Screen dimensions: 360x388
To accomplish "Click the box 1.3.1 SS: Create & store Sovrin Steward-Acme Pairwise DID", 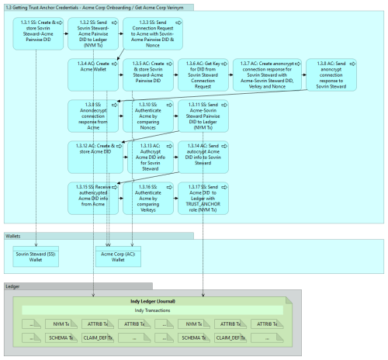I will [37, 32].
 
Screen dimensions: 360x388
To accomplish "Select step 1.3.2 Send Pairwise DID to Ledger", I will [92, 32].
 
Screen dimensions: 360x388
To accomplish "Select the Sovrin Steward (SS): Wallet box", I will [37, 257].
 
